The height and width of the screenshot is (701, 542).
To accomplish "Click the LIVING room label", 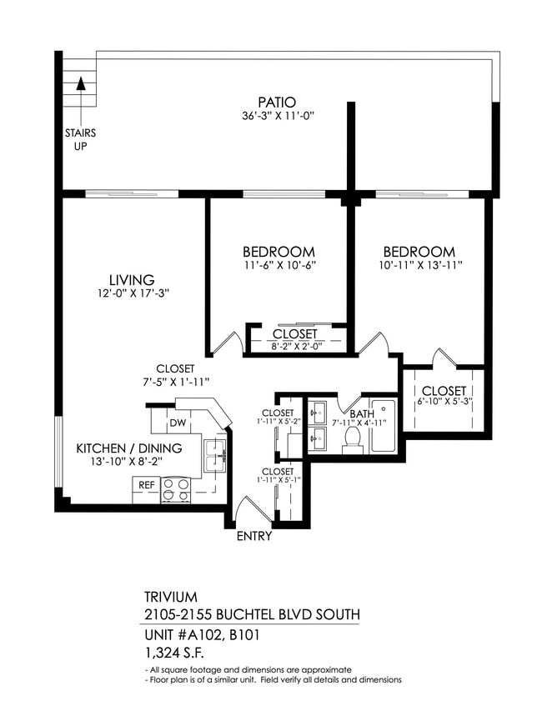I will pyautogui.click(x=131, y=280).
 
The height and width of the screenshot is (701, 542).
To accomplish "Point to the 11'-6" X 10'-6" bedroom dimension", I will pyautogui.click(x=279, y=266).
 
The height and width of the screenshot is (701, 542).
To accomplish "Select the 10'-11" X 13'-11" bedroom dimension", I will pyautogui.click(x=419, y=266).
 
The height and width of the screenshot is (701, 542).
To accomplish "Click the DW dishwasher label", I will pyautogui.click(x=177, y=423).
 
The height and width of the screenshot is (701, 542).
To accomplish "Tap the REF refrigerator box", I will pyautogui.click(x=145, y=484).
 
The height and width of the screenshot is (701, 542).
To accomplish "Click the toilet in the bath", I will pyautogui.click(x=352, y=438).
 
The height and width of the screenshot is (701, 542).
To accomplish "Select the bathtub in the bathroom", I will pyautogui.click(x=384, y=427).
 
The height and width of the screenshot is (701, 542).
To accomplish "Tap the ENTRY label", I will pyautogui.click(x=253, y=536).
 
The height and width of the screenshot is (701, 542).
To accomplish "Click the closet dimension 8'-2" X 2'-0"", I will pyautogui.click(x=295, y=347).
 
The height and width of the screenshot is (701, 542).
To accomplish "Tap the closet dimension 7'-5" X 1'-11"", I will pyautogui.click(x=175, y=381).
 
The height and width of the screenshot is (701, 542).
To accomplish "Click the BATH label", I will pyautogui.click(x=363, y=413).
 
